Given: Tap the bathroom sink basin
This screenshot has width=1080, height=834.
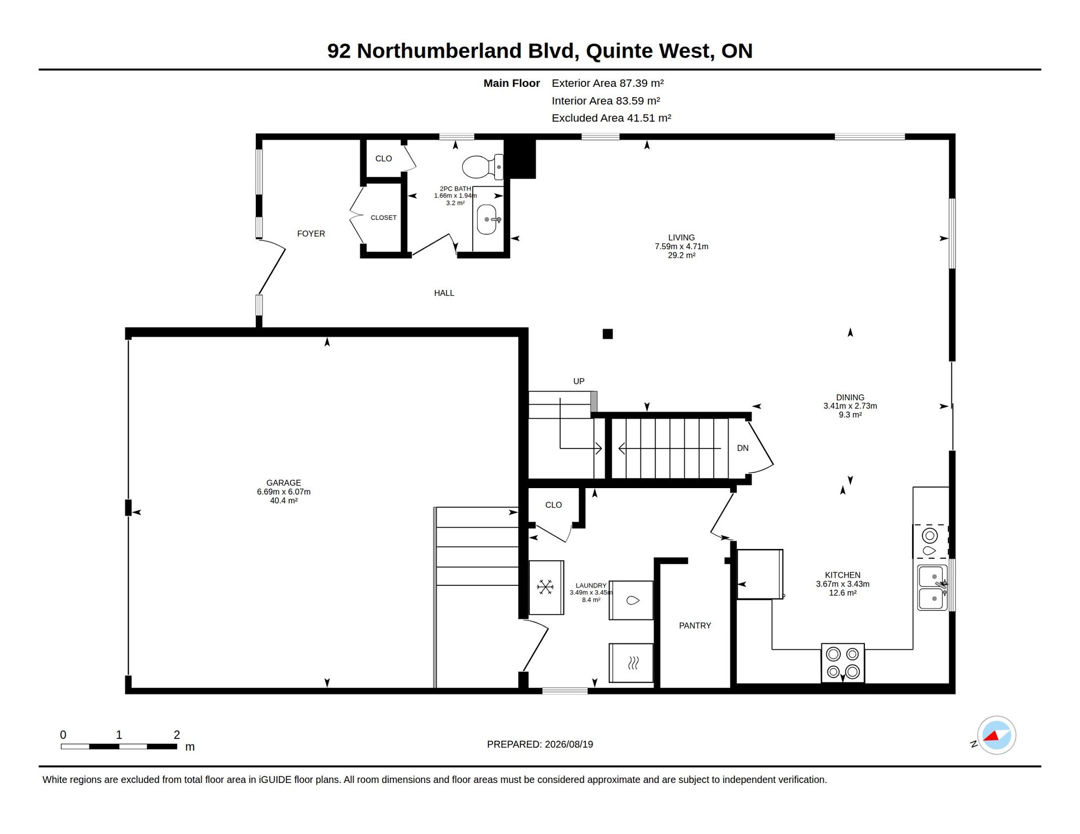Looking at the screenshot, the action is click(487, 219).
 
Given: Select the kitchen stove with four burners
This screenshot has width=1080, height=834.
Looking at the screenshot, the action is click(843, 663).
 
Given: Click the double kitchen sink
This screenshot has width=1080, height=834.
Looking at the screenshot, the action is click(932, 587).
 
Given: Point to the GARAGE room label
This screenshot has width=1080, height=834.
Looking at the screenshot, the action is click(284, 491).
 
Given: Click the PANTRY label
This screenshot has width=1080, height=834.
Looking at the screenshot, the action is click(695, 625).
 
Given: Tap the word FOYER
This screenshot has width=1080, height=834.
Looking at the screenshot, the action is click(311, 233).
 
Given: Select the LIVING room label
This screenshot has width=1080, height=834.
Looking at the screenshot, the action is click(681, 246).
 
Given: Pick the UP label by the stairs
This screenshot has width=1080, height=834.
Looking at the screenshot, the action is click(579, 381).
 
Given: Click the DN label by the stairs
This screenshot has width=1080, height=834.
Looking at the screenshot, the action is click(743, 448).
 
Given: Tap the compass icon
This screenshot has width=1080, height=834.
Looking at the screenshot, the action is click(997, 735).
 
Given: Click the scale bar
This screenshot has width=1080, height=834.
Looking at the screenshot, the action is click(119, 747).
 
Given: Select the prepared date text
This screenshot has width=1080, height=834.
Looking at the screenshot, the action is click(540, 744).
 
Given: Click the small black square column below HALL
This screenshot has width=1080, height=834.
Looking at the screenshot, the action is click(608, 334).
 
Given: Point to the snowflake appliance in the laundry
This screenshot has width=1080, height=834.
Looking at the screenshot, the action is click(546, 587).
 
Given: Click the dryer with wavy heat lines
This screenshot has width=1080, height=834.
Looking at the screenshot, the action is click(631, 663).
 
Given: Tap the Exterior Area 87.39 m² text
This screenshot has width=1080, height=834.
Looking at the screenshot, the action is click(608, 83).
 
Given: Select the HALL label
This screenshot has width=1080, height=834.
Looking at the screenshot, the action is click(444, 293).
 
